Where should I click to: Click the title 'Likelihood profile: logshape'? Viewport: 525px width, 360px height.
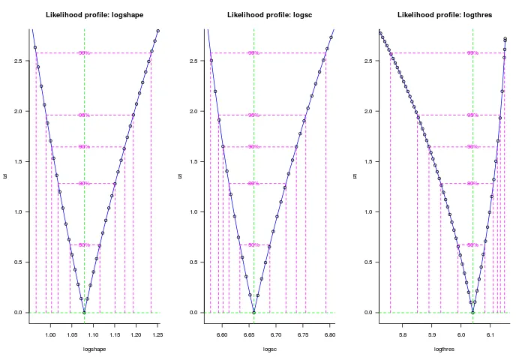pos(94,14)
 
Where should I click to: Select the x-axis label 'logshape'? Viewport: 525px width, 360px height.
pos(94,349)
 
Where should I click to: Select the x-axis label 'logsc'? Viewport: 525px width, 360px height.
pos(268,349)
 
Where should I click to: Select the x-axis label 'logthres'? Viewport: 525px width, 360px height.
pos(444,349)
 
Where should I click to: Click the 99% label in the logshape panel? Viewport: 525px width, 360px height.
pos(84,53)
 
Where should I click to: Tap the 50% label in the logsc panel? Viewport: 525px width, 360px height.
pos(253,244)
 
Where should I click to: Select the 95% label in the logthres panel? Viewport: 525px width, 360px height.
pos(472,115)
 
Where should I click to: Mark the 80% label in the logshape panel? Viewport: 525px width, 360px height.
pos(84,183)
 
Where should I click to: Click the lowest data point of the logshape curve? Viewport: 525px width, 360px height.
pos(84,312)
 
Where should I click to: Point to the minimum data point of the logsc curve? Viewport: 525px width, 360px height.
pos(253,312)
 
